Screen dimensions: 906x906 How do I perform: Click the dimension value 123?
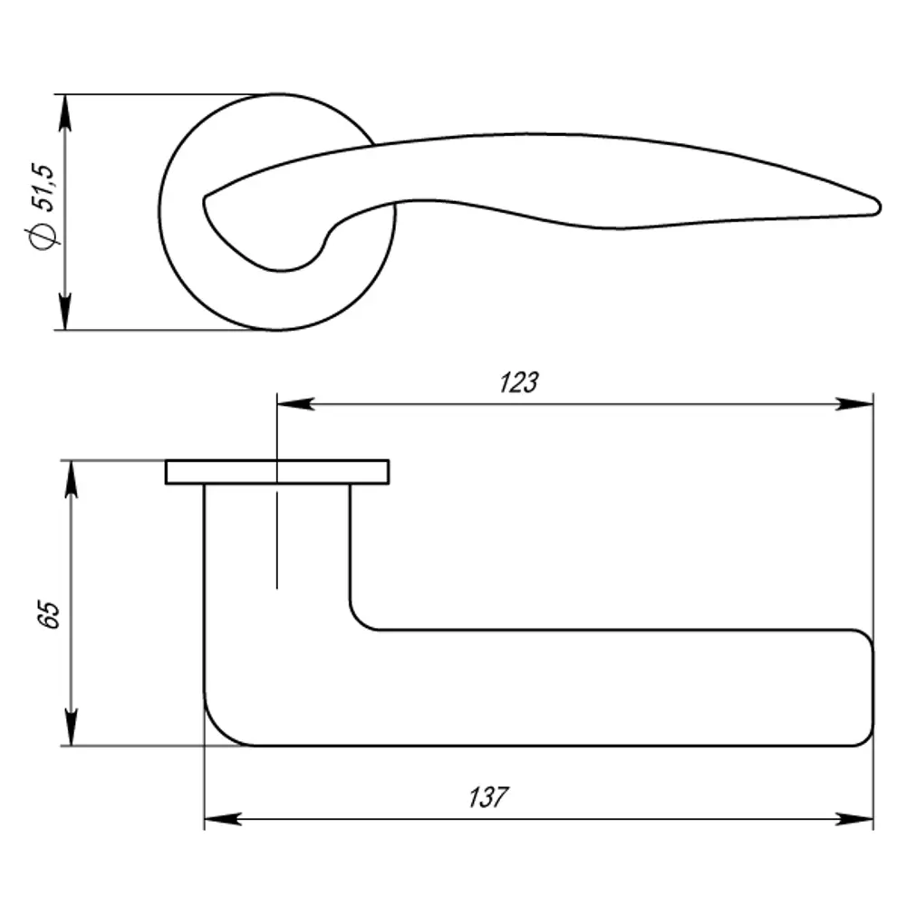(518, 383)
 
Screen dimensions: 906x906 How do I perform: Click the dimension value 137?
(489, 798)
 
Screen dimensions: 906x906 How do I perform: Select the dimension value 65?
(51, 613)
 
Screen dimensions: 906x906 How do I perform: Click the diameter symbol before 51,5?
(43, 236)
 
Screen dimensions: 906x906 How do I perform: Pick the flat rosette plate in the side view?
(277, 472)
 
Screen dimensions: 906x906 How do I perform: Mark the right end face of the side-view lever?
(872, 689)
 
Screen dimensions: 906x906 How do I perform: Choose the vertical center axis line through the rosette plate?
(277, 544)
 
